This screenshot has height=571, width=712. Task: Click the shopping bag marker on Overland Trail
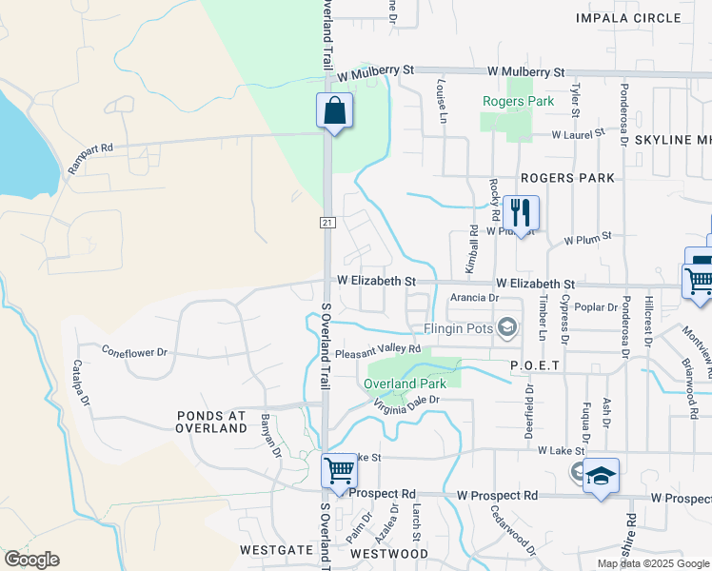click(x=334, y=110)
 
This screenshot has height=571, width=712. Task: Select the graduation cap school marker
click(x=601, y=475)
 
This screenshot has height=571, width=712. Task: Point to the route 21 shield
click(x=326, y=223)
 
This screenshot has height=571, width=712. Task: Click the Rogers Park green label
click(x=518, y=101)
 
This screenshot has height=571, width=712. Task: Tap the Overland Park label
click(x=405, y=384)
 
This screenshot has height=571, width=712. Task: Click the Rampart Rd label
click(x=90, y=157)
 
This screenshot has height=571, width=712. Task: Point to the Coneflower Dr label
click(x=134, y=352)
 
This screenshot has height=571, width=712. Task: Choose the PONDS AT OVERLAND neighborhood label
click(x=211, y=422)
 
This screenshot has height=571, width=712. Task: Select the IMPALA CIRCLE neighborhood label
click(x=629, y=18)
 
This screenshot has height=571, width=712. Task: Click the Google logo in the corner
click(x=31, y=560)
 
